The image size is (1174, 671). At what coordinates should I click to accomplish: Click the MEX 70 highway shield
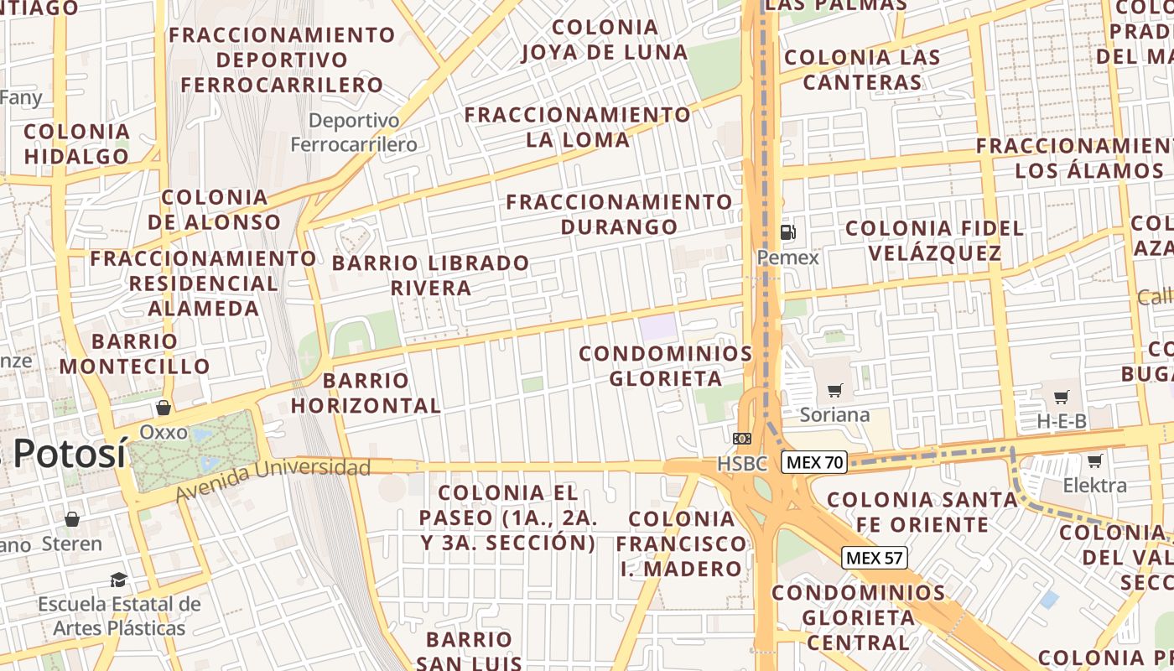tap(814, 461)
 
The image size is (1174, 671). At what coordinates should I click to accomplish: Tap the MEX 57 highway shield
tap(875, 558)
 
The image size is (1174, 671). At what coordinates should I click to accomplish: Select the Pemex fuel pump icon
tap(787, 232)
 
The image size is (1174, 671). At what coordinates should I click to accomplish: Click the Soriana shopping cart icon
tap(834, 390)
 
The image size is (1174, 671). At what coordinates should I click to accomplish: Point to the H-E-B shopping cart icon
tap(1062, 397)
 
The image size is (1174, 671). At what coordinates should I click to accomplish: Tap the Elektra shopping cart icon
tap(1094, 460)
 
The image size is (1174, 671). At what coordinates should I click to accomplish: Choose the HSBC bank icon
tap(742, 439)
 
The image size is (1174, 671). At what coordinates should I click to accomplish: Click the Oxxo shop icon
tap(164, 408)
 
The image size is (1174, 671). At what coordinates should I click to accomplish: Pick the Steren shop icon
tap(72, 519)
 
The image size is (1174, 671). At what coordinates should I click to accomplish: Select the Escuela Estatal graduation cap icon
tap(118, 580)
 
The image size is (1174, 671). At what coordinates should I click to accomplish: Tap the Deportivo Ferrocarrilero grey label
tap(354, 133)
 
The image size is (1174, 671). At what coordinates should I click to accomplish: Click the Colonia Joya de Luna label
tap(605, 39)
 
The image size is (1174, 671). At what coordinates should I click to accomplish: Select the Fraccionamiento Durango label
tap(619, 214)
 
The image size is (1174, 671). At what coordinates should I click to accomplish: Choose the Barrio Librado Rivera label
tap(431, 275)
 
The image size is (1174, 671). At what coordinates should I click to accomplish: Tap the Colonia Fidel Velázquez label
tap(934, 241)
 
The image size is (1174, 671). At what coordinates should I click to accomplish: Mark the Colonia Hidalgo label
tap(76, 143)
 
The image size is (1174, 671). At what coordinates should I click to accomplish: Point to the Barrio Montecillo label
tap(134, 354)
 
